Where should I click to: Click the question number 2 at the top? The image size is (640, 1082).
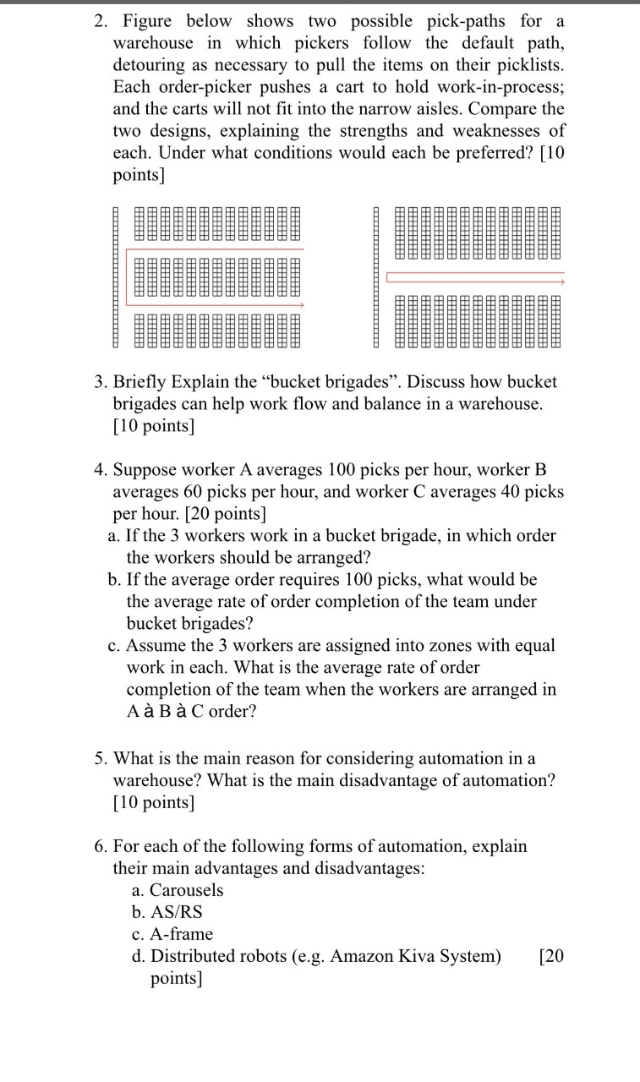pos(99,20)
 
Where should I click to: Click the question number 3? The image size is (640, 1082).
pos(99,382)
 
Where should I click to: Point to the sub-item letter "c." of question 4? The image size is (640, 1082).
pos(114,646)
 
